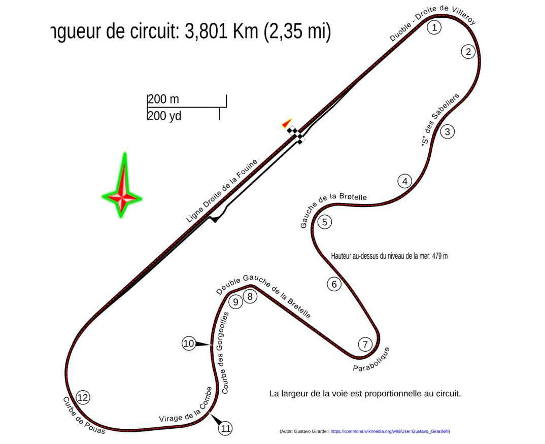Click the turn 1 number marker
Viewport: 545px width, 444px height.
[x=434, y=27]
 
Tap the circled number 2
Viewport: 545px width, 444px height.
[x=468, y=52]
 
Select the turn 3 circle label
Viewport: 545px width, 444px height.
[x=447, y=132]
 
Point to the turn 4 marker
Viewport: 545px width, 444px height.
[x=404, y=181]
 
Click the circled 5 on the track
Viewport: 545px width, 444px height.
[x=324, y=222]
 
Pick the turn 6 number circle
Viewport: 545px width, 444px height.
[x=334, y=284]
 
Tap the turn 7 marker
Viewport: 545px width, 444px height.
[x=365, y=345]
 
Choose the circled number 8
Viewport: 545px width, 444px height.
[x=250, y=296]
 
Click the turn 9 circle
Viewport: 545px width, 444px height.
[x=235, y=302]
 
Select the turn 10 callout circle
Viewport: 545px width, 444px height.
[x=189, y=344]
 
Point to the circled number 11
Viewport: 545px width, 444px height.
[x=226, y=428]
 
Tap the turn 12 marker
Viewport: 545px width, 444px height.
[x=83, y=397]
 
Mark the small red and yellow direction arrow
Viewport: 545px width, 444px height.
[x=287, y=123]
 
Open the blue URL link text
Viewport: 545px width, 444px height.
[x=389, y=431]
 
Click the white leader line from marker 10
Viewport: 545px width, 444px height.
[x=205, y=345]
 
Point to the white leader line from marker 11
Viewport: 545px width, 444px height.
[x=215, y=419]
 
